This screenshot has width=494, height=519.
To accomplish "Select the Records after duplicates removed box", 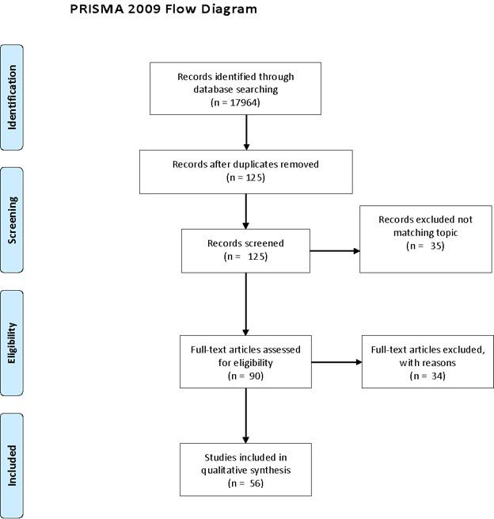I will (x=245, y=171).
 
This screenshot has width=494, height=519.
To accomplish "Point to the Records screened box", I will (x=245, y=251).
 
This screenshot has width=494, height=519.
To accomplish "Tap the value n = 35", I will (x=425, y=246).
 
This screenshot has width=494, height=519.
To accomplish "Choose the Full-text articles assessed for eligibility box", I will (x=245, y=361).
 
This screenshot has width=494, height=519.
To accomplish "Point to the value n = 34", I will (x=427, y=375).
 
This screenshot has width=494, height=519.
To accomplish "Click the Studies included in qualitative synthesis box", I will (x=245, y=469).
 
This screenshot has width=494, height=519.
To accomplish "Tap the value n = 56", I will (x=245, y=482).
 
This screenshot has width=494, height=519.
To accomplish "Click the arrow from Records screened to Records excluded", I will (x=334, y=252).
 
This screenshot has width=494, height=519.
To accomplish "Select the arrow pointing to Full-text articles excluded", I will (x=336, y=363).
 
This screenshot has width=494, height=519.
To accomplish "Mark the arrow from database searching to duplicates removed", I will (x=247, y=132).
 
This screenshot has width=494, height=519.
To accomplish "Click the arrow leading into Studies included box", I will (x=247, y=416).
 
